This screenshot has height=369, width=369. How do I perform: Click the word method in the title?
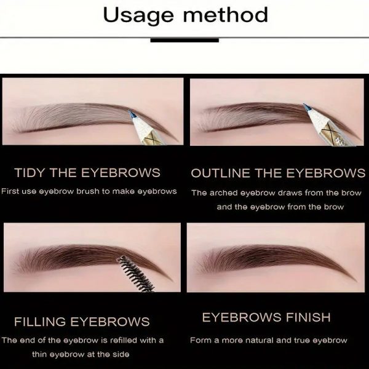point(226,14)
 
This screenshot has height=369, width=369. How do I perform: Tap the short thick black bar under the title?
point(184,40)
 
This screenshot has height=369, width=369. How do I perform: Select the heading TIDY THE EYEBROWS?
point(87,172)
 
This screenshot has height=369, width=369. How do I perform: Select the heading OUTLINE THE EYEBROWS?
point(278,173)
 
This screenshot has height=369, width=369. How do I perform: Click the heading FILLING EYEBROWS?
point(82,322)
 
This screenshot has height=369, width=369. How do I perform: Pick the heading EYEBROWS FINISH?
point(266,317)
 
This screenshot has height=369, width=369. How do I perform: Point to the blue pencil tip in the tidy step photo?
point(131,114)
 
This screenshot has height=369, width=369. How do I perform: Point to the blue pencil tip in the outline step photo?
point(307,107)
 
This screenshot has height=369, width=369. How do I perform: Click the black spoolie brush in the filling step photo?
point(136,274)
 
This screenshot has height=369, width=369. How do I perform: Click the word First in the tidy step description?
point(10,191)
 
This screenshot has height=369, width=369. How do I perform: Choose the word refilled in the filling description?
point(124,340)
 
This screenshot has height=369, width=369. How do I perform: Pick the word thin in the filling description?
point(39,354)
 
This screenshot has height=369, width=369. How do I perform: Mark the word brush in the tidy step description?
point(88,191)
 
